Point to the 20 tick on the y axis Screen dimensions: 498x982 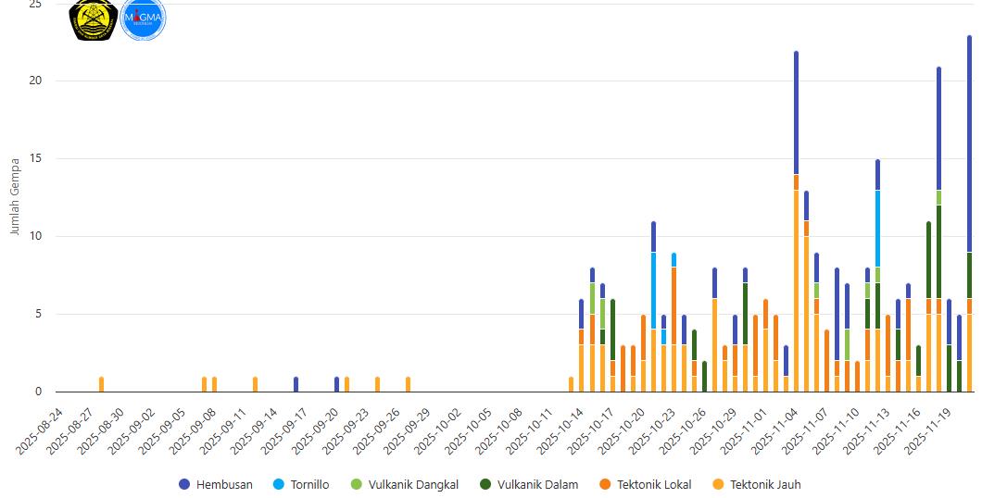point(35,81)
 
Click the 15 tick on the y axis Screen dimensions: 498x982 point(35,158)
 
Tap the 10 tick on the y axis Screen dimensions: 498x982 point(35,236)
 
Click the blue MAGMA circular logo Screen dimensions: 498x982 point(143,19)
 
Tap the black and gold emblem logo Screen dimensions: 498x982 point(94,19)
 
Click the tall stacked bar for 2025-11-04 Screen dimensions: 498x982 point(796,222)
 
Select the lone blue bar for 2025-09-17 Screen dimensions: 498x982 point(296,384)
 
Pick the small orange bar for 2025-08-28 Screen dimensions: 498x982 point(101,384)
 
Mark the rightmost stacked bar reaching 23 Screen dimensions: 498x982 point(970,213)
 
